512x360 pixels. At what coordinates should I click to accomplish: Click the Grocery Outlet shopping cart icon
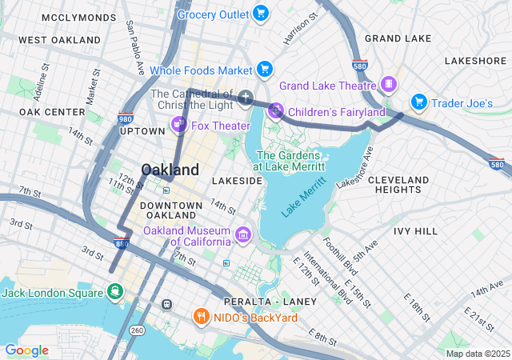coord(260,13)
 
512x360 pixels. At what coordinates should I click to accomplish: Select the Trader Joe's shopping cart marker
coord(418,102)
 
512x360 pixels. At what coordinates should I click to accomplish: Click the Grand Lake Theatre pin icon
coord(389,85)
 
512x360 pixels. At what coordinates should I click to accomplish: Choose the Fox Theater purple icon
coord(178,125)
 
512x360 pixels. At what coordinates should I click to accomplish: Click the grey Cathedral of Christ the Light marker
coord(246,99)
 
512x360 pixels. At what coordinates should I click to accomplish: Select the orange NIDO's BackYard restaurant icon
coord(201,317)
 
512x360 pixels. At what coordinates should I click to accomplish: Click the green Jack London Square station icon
coord(116,291)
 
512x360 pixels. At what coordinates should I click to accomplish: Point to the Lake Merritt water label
coord(303,198)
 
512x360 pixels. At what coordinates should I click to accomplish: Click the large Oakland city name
coord(170,170)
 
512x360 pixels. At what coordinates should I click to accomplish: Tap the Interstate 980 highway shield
coord(125,118)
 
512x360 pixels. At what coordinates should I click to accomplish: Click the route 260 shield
coord(137,330)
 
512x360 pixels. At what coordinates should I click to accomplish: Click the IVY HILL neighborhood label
coord(415,230)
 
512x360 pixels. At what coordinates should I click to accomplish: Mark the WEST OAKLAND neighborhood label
coord(59,40)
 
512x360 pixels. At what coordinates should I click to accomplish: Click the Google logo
coord(26,350)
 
